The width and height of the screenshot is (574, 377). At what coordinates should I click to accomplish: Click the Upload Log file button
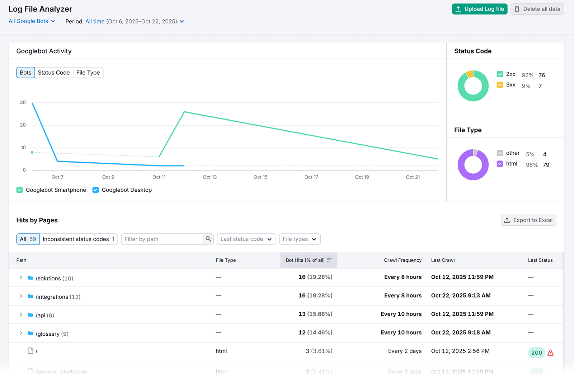479,9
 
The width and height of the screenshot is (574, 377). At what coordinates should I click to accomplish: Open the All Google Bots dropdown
32,21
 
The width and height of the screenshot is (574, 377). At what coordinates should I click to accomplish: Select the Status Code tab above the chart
54,73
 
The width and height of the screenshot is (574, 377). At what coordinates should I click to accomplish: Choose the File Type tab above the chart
88,73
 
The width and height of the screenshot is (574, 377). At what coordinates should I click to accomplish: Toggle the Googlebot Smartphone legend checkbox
20,190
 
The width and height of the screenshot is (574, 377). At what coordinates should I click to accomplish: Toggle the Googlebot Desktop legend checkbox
95,190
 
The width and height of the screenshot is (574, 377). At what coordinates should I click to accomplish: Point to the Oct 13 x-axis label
210,177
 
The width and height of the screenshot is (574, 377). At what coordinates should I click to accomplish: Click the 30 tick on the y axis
23,102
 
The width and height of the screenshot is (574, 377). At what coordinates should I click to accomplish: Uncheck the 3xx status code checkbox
500,85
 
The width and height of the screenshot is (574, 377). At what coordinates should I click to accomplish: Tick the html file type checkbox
500,164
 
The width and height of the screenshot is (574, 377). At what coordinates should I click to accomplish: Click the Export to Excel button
528,220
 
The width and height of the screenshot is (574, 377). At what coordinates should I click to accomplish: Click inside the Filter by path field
162,239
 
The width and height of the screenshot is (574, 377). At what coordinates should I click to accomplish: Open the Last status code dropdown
246,239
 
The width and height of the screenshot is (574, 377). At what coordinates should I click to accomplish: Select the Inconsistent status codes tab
78,239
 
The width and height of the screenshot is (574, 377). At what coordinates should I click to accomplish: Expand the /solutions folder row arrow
21,278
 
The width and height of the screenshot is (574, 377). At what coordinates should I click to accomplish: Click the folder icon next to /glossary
30,333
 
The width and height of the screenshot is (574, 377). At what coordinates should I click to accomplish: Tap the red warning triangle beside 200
550,353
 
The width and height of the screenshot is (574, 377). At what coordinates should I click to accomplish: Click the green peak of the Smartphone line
184,112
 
